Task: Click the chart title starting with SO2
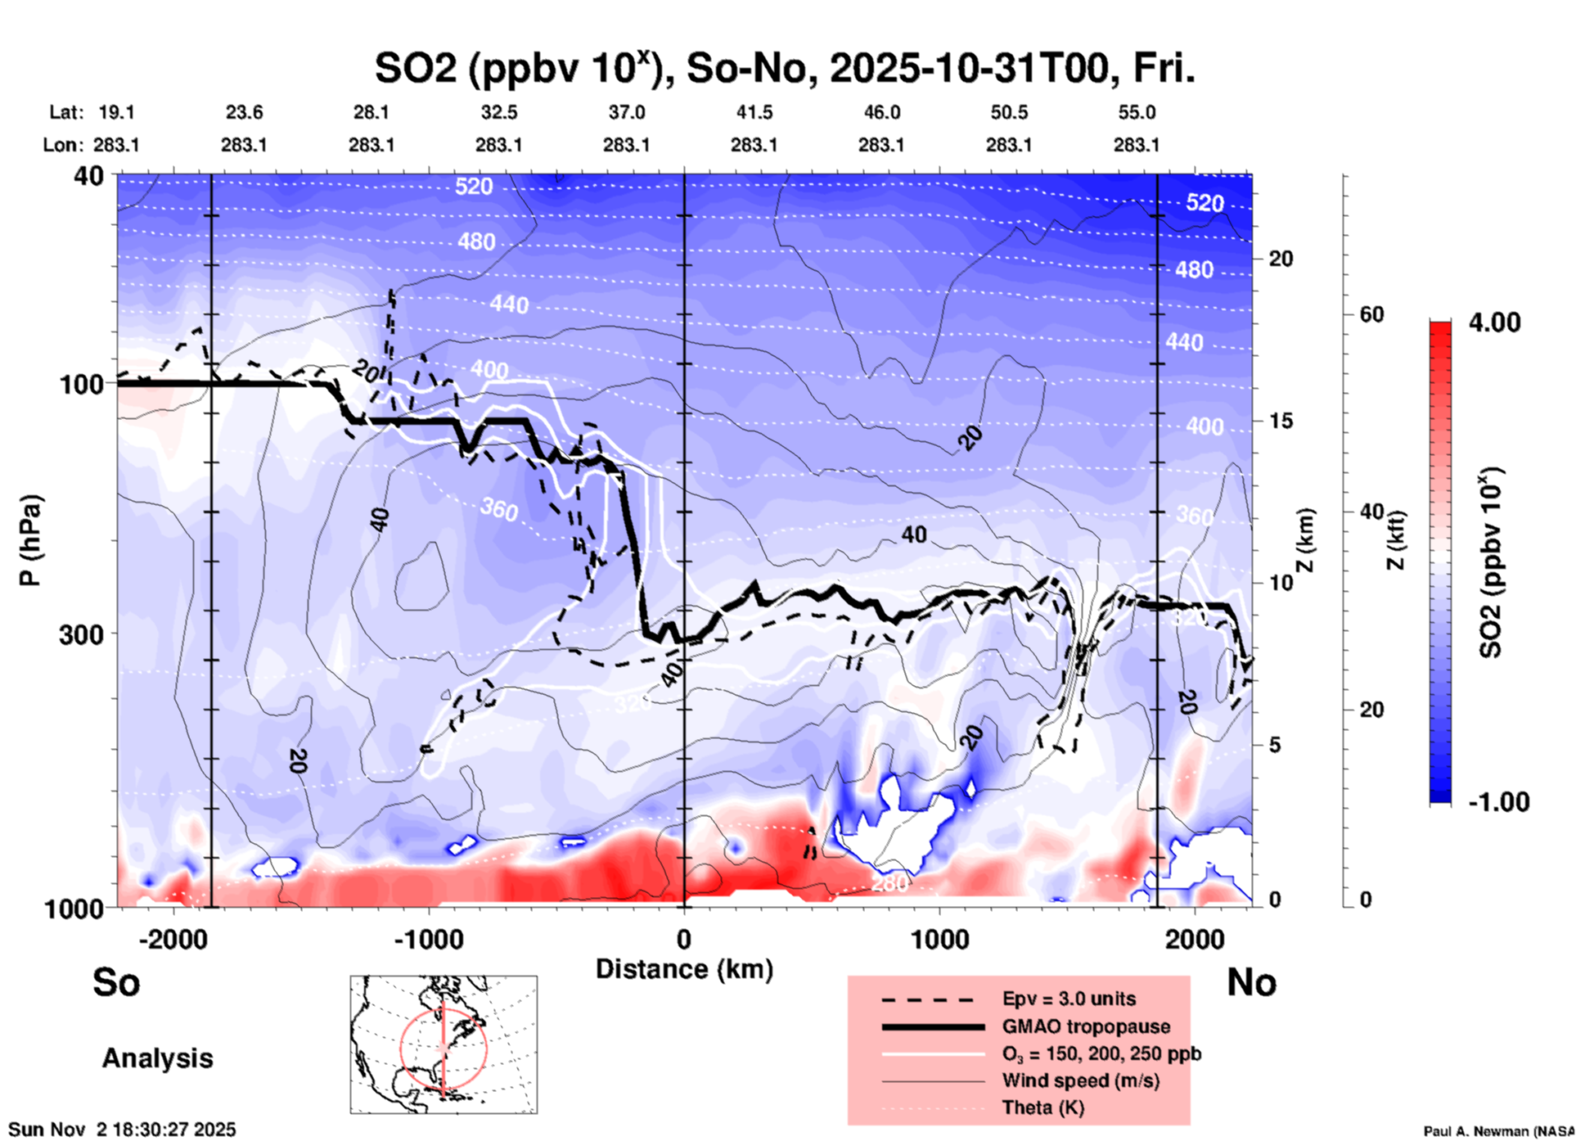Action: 784,68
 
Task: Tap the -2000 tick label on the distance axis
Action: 173,940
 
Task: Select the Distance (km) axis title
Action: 684,969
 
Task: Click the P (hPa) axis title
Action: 30,540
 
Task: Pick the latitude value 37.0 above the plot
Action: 626,112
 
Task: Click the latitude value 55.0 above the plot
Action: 1136,112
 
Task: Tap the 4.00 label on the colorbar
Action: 1494,322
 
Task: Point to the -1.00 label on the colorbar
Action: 1497,802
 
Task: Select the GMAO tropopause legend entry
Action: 1086,1026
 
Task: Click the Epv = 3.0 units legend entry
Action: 1069,999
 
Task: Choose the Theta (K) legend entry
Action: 1042,1107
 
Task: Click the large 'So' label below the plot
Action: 116,982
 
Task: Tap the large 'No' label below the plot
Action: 1251,982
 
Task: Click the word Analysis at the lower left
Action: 157,1058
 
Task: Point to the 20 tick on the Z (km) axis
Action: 1281,259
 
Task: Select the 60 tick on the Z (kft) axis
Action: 1371,315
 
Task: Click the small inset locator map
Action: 444,1044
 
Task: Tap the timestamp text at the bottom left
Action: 123,1130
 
